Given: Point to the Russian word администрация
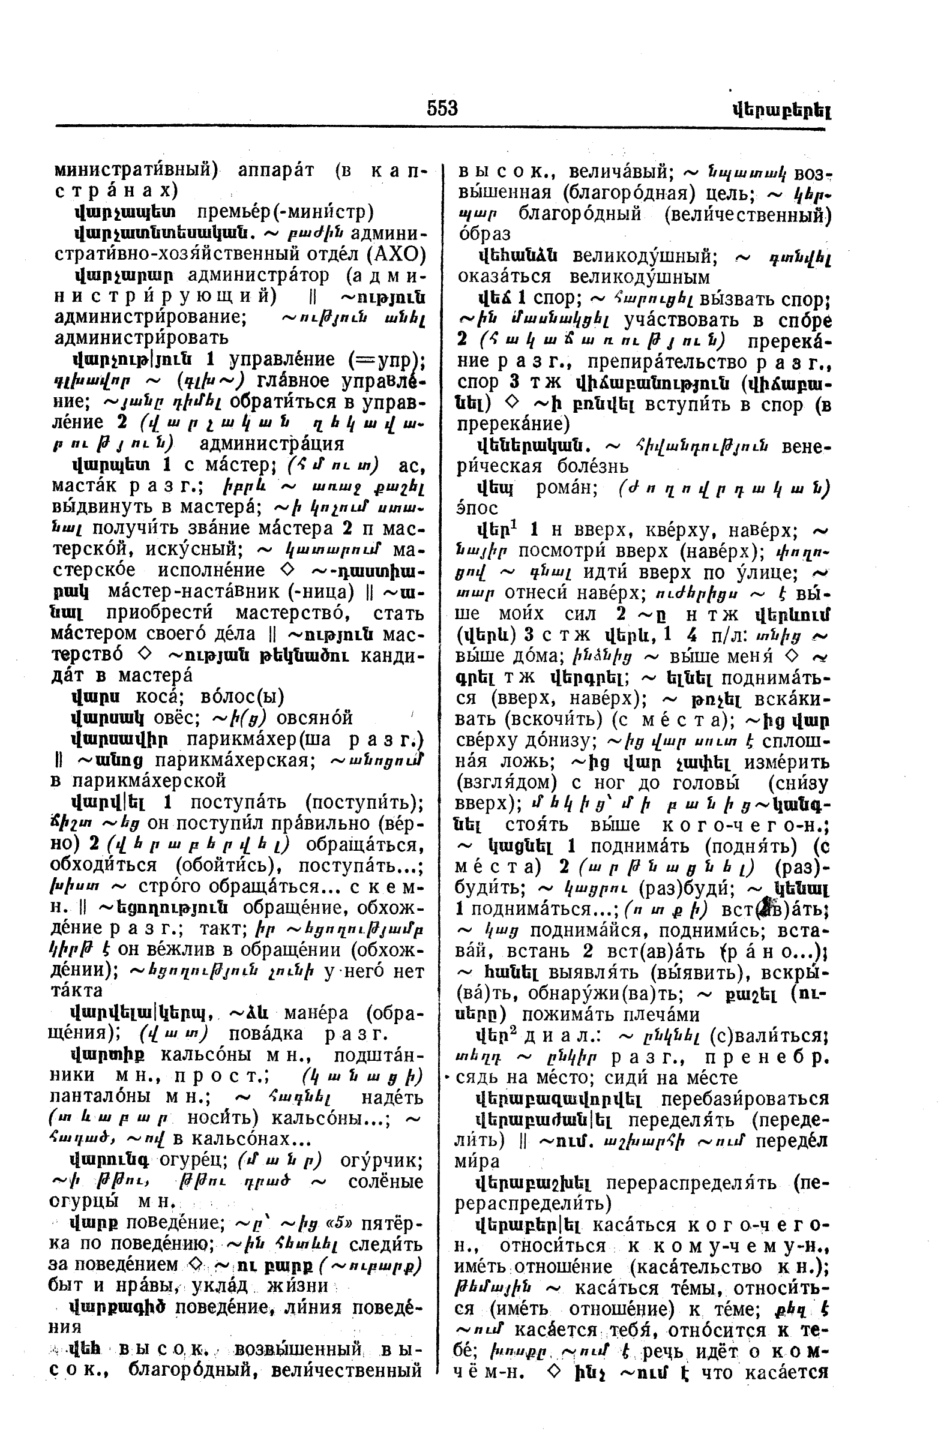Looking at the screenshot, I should [271, 443].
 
